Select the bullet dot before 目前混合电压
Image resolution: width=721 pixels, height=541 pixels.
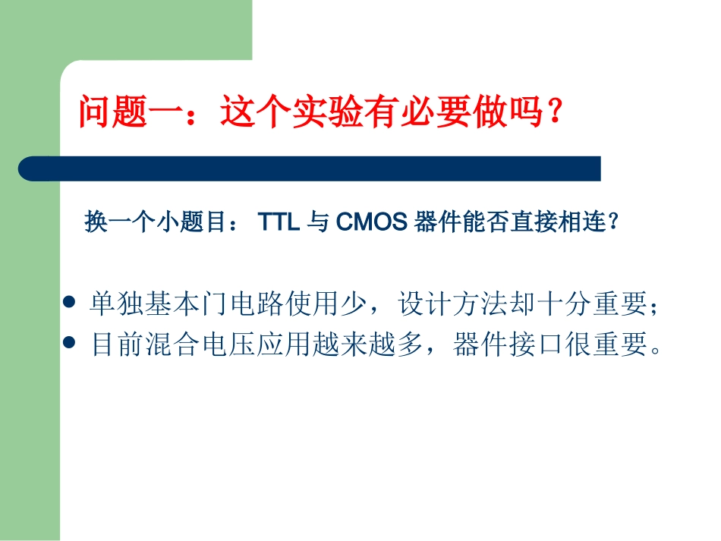(x=71, y=343)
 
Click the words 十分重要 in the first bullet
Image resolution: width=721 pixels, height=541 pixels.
(x=594, y=304)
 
